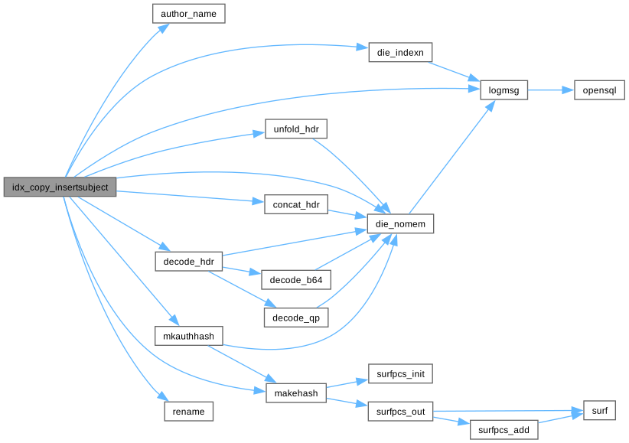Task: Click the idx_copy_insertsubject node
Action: pos(60,187)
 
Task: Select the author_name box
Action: pos(189,14)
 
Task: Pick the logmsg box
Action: pos(504,90)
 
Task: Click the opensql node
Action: pos(599,90)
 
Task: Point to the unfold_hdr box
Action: pos(295,129)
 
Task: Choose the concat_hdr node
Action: pos(295,204)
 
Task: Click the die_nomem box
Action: pos(401,223)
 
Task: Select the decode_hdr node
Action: pos(188,261)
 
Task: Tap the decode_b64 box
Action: pos(295,279)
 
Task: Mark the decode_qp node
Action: pos(295,316)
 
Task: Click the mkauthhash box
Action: pos(188,336)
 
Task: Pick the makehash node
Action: pos(295,393)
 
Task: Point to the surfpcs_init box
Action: pos(401,374)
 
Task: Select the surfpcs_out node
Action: pos(401,412)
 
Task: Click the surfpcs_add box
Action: pos(504,430)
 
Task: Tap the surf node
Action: pos(599,412)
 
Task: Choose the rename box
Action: pos(188,412)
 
